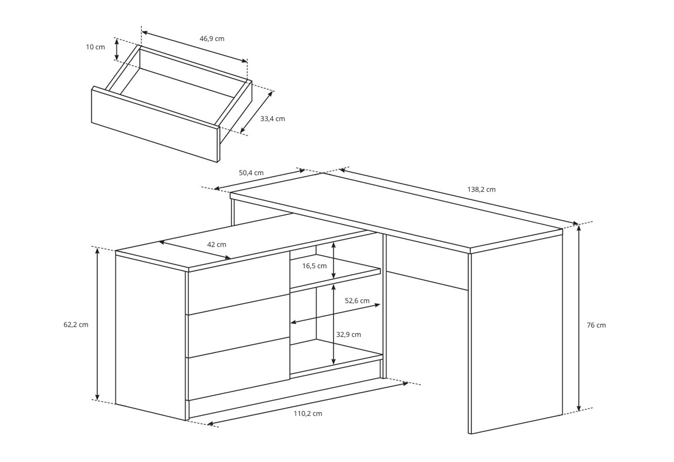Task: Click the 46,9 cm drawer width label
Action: [212, 39]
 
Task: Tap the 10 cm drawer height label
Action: [95, 47]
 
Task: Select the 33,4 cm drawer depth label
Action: [272, 119]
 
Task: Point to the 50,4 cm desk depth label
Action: [251, 173]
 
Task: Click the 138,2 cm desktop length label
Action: [481, 190]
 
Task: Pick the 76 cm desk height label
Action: [596, 325]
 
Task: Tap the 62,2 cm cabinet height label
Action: [76, 325]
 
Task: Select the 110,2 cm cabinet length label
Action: [308, 414]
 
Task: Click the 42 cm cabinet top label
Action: [216, 245]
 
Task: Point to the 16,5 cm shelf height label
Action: [314, 266]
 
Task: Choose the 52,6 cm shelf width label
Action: [357, 301]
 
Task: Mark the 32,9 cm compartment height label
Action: [348, 335]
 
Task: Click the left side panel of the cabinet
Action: [151, 338]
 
